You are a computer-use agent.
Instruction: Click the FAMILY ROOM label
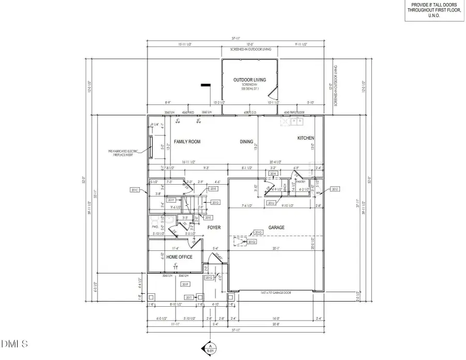tap(187, 142)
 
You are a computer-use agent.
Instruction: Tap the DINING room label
tap(246, 142)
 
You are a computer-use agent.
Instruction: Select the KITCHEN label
tap(306, 138)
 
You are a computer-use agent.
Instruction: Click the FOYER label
tap(214, 228)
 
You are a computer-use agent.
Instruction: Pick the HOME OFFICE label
tap(179, 257)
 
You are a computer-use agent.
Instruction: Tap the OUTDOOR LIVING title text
tap(250, 80)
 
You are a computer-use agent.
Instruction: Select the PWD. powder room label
tap(155, 227)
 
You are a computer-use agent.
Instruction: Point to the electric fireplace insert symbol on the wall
tap(151, 147)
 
